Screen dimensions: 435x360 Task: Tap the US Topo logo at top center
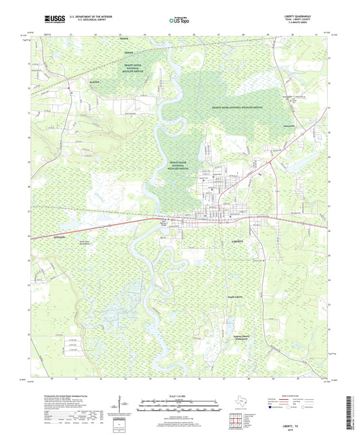[177, 21]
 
